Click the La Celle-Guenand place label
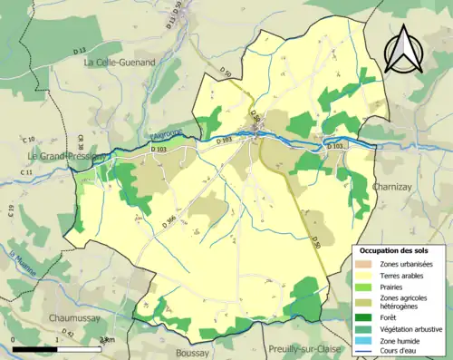tap(119, 63)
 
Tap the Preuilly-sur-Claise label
tap(308, 348)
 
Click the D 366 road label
tap(169, 217)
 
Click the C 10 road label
tap(29, 139)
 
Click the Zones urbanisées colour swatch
tap(367, 263)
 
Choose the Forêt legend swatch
tap(367, 316)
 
